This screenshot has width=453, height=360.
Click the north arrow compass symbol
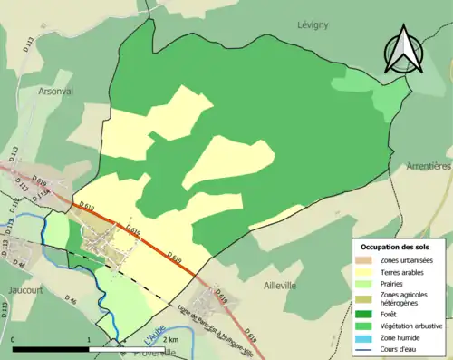click(x=403, y=51)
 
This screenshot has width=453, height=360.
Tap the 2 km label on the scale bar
click(x=171, y=338)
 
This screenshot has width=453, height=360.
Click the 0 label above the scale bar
click(x=13, y=338)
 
